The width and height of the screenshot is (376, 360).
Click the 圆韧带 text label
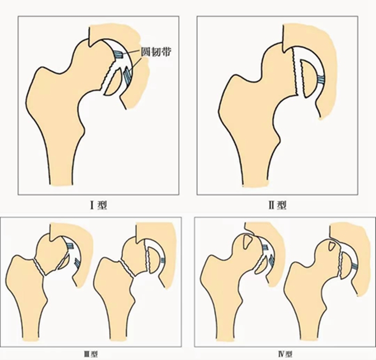(x=156, y=52)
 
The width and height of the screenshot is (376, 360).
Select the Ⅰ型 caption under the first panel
(x=98, y=205)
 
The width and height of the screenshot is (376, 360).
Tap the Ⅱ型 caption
(x=277, y=205)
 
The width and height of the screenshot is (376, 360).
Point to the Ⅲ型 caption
(x=91, y=354)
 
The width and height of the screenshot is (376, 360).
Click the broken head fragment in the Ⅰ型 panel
(x=111, y=83)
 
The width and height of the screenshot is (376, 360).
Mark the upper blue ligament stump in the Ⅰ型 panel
(x=118, y=55)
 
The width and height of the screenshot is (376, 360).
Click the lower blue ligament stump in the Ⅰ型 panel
(x=127, y=75)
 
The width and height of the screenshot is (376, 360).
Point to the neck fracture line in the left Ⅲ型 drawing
(x=39, y=267)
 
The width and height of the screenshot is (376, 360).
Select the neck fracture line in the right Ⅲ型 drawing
(x=126, y=269)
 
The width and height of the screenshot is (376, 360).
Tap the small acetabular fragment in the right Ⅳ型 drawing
(x=332, y=246)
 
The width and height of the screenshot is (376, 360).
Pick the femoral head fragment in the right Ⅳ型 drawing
(x=345, y=266)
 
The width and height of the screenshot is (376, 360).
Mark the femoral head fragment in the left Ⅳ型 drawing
(x=261, y=265)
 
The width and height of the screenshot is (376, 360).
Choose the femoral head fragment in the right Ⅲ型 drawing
(x=154, y=260)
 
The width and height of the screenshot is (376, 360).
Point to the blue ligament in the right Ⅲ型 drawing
(x=163, y=260)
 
